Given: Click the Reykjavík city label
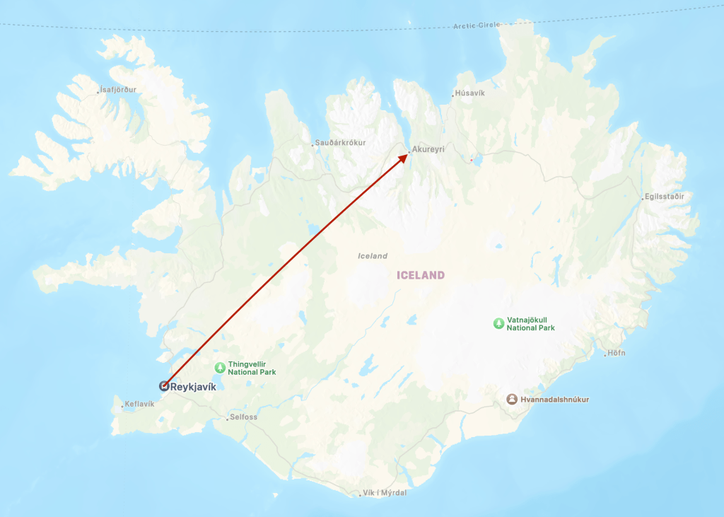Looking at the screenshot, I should click(193, 387).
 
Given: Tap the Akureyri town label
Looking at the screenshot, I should click(428, 150).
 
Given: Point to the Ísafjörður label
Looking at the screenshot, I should click(118, 90).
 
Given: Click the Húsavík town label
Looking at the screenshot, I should click(470, 93).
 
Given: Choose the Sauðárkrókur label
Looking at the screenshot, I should click(340, 143).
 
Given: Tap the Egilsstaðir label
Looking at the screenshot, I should click(664, 197).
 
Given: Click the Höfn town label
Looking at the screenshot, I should click(617, 353).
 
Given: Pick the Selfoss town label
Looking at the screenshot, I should click(244, 417).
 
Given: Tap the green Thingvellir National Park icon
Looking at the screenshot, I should click(220, 367).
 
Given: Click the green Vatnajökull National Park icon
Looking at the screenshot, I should click(499, 323).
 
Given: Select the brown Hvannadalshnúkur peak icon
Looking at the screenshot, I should click(512, 400).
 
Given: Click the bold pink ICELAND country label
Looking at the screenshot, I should click(421, 275).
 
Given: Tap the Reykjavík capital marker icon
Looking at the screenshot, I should click(164, 386).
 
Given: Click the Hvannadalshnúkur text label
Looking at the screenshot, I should click(555, 400).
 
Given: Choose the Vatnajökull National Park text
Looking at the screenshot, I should click(531, 324).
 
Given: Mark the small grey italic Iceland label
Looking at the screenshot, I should click(373, 256).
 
